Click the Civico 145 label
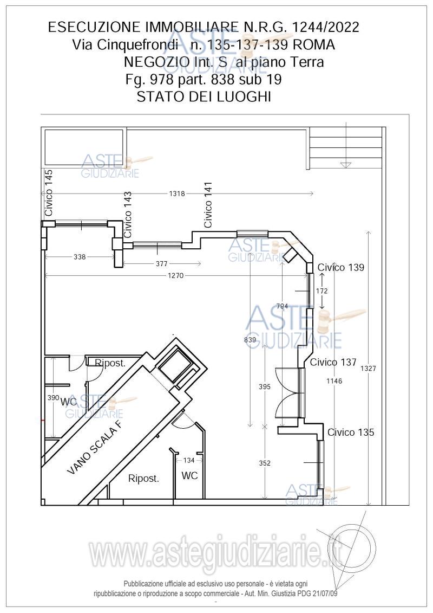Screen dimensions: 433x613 coord(49,193)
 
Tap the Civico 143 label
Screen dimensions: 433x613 coord(127,214)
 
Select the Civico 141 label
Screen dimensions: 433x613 coord(208,205)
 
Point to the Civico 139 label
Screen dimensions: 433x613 coord(340,267)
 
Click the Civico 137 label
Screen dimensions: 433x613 coord(333,363)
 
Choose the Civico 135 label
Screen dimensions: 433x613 coord(351,432)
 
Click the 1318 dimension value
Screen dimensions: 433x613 coord(177,193)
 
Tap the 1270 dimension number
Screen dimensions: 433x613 coord(176,276)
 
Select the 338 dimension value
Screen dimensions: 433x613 coord(80,257)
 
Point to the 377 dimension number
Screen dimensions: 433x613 coord(162,264)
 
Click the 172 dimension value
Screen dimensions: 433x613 coord(322,291)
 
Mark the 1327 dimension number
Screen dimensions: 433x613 coord(368,368)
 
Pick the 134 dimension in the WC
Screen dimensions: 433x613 coord(189,460)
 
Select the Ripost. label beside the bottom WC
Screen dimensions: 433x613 coord(143,478)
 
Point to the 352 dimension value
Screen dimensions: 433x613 coord(265,463)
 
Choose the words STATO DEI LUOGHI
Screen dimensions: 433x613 coord(204,96)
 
